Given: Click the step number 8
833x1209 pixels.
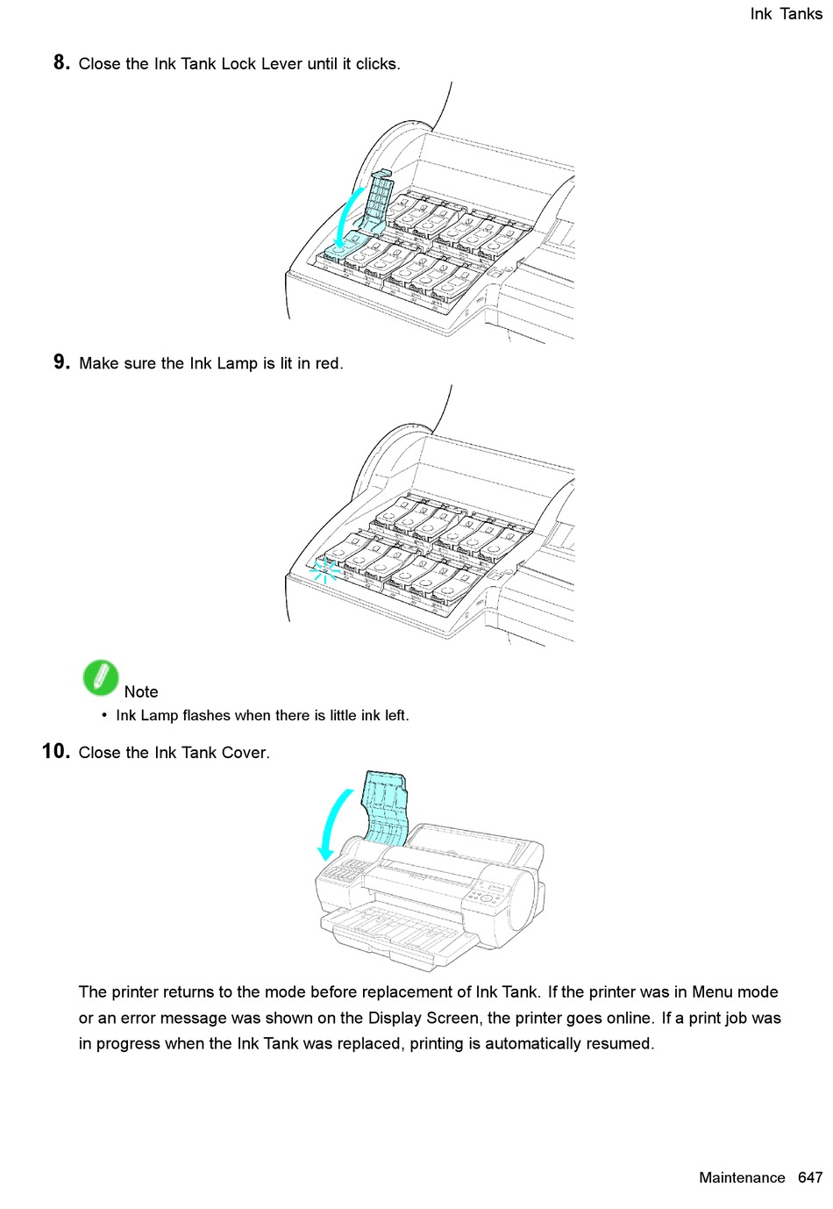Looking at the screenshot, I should point(61,62).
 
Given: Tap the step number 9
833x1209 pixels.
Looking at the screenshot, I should point(61,362).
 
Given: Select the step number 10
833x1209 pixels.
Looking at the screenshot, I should point(55,752).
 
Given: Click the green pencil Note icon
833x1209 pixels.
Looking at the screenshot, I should point(101,678).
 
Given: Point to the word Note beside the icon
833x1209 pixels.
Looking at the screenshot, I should point(141,692).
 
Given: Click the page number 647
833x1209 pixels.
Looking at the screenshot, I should point(809,1178).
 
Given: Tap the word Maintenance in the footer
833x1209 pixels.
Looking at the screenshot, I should point(742,1178).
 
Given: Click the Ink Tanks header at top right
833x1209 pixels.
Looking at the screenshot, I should point(786,14).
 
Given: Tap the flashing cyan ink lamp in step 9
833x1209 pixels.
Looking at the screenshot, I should point(324,570).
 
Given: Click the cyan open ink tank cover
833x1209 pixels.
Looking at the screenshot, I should point(386,805).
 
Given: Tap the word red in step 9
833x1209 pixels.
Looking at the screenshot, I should point(328,363).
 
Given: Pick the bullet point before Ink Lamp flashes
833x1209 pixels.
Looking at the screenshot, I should point(104,715).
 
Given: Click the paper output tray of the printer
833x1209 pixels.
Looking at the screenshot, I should point(403,934).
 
